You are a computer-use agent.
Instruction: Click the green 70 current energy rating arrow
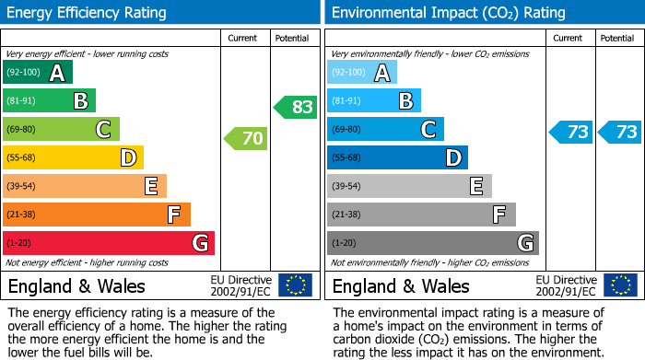246,139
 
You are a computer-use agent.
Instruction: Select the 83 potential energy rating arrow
296,107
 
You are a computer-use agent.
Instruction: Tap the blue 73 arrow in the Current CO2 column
570,132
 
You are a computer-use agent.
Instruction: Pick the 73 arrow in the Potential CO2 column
620,132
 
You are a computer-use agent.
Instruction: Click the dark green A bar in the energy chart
38,73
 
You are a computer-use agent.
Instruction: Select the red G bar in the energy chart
109,243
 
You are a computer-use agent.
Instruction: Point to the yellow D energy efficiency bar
74,157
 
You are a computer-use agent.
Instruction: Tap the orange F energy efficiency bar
97,215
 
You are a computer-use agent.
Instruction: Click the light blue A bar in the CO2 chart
362,73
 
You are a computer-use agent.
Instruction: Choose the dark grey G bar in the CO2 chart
433,243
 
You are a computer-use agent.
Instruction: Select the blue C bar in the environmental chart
385,129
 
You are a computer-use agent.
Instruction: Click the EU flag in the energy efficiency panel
295,285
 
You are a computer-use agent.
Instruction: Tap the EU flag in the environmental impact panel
619,285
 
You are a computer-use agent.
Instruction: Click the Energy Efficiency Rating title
88,13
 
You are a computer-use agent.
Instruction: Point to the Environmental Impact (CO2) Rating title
448,13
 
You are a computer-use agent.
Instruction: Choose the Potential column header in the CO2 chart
617,38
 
